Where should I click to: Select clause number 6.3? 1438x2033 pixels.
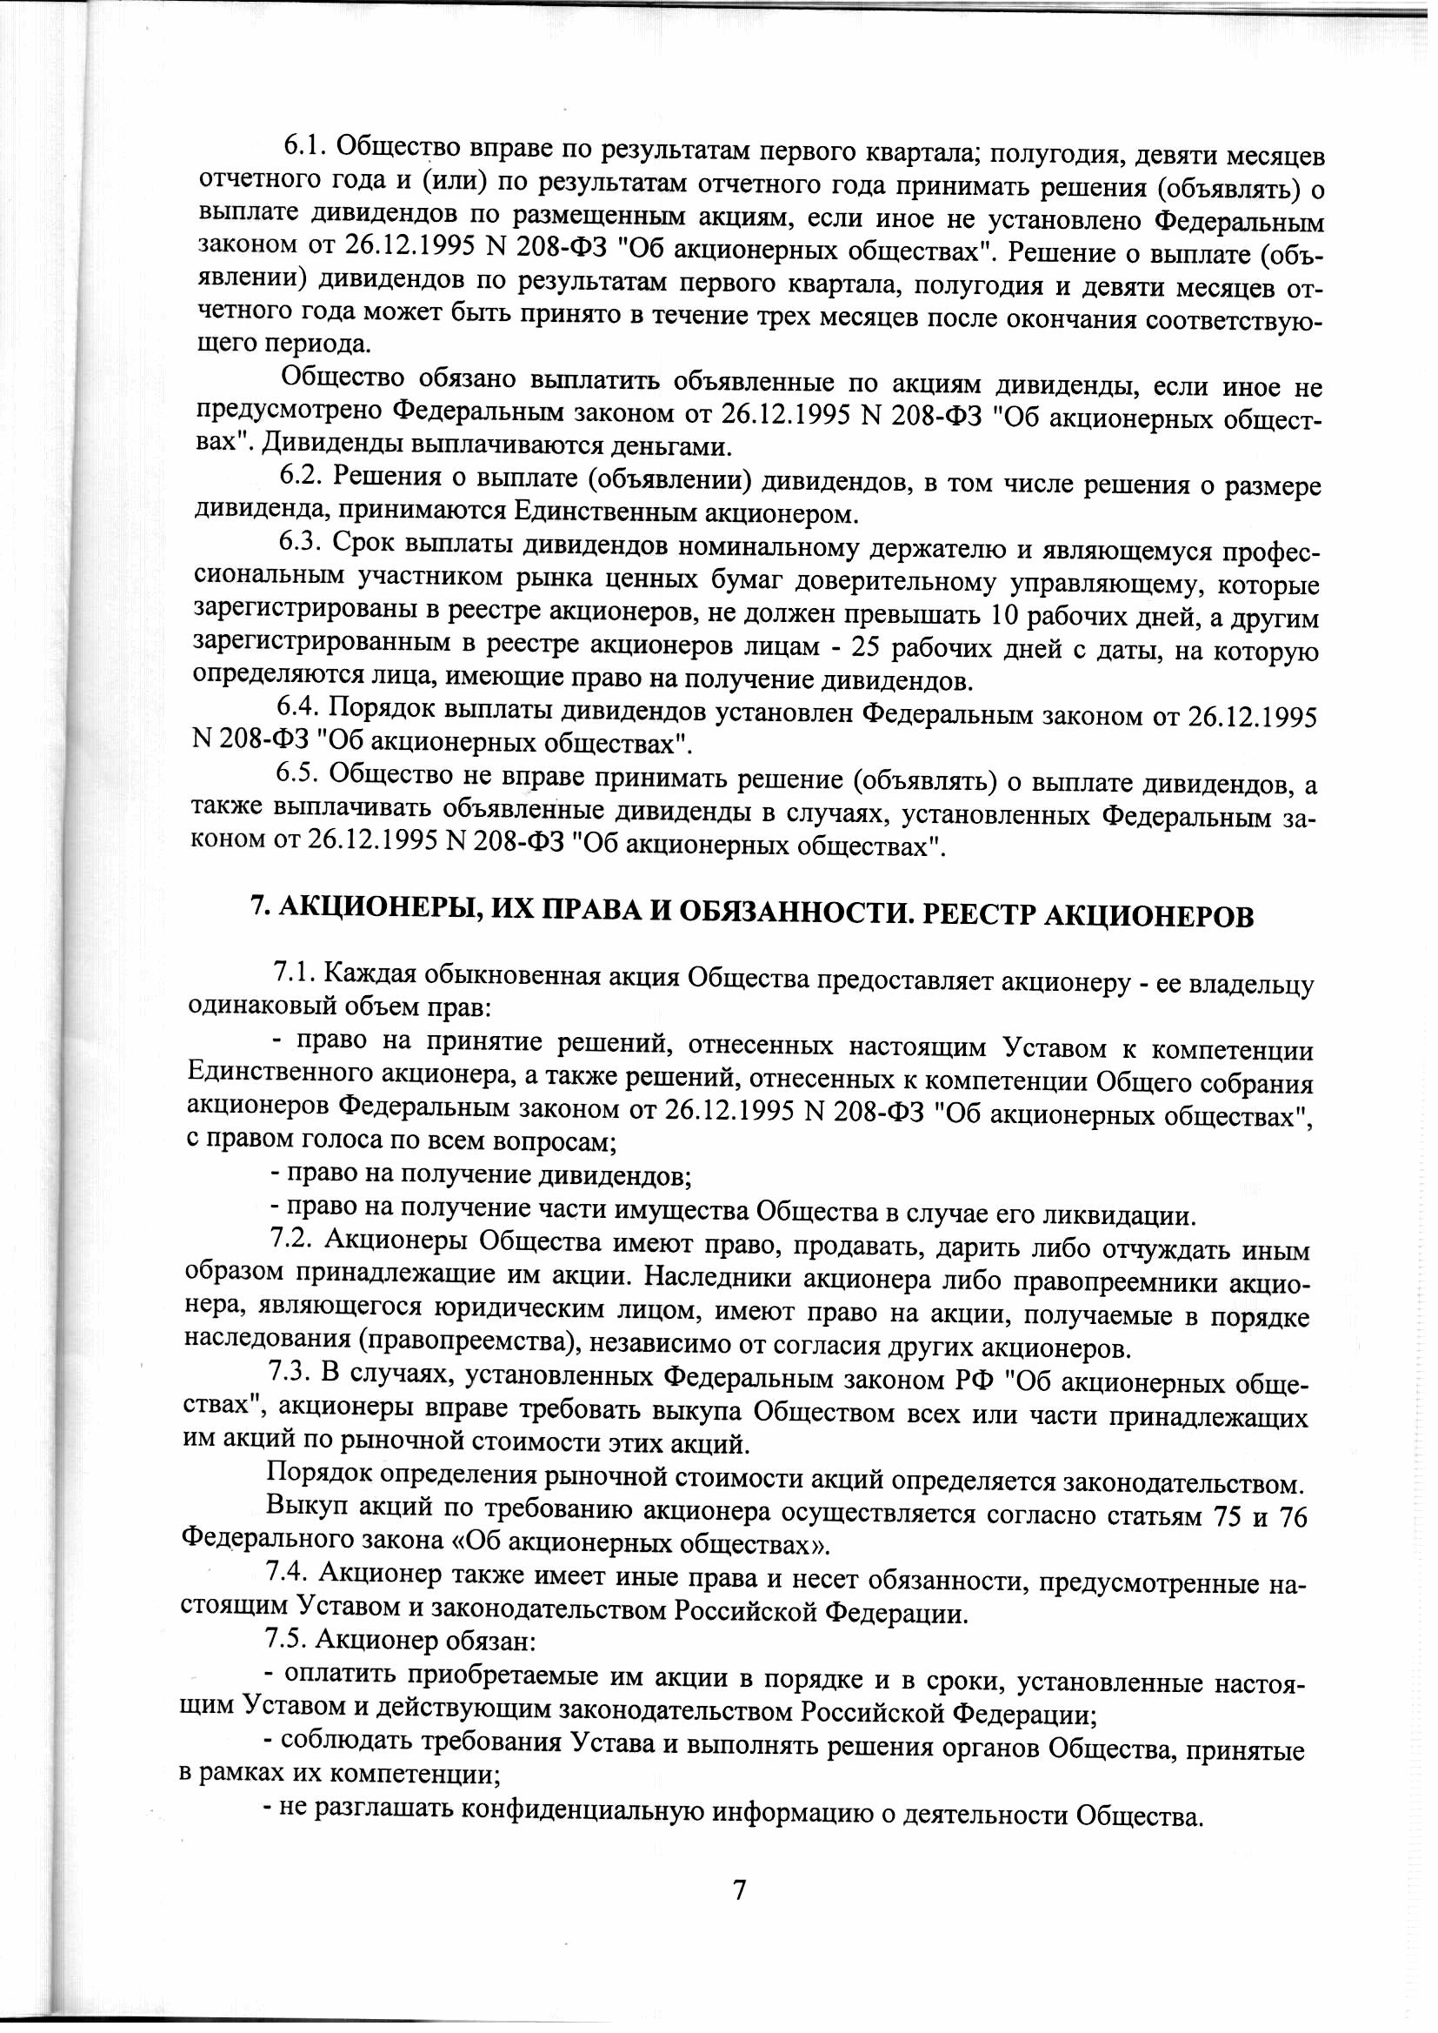click(x=302, y=540)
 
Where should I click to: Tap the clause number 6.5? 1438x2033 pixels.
click(x=299, y=772)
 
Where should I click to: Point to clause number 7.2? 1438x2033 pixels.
click(x=292, y=1240)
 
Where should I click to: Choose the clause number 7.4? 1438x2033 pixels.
click(x=288, y=1572)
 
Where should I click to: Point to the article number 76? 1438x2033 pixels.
click(x=1294, y=1516)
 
